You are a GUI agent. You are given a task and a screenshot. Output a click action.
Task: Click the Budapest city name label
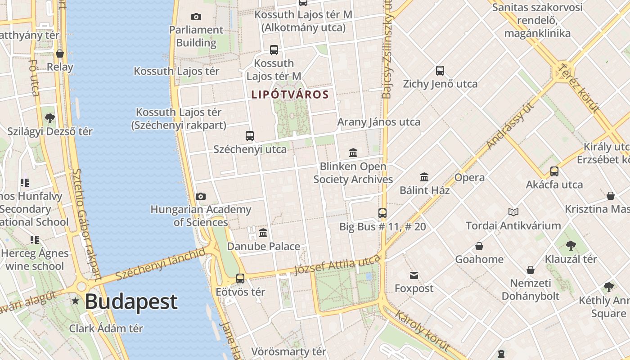click(x=131, y=301)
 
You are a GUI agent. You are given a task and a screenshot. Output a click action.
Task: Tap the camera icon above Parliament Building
click(x=196, y=17)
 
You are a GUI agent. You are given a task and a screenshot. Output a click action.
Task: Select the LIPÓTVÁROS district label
click(x=290, y=95)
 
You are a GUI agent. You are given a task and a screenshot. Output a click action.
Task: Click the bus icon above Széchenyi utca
click(x=249, y=135)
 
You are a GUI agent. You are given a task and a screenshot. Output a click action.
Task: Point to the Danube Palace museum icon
click(x=263, y=233)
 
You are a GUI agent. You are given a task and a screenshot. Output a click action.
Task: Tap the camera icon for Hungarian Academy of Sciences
click(x=201, y=196)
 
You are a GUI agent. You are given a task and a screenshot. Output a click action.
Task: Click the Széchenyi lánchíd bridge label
click(x=160, y=263)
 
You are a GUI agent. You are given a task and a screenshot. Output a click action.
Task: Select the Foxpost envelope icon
click(x=414, y=275)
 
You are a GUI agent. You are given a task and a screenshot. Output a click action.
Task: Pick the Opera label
click(x=469, y=177)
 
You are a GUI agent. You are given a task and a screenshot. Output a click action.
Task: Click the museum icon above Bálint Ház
click(x=424, y=177)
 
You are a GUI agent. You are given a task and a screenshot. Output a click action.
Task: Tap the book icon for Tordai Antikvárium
click(x=513, y=212)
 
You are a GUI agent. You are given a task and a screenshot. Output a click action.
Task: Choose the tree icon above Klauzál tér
click(x=571, y=245)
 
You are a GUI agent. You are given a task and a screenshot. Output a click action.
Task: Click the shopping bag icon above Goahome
click(x=479, y=246)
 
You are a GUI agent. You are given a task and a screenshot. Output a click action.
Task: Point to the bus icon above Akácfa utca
click(x=554, y=171)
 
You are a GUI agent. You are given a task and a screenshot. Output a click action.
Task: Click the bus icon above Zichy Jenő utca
click(x=440, y=71)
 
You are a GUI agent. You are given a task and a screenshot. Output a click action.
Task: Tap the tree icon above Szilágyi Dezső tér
click(x=50, y=118)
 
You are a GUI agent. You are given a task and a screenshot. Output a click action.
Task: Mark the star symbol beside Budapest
click(x=75, y=301)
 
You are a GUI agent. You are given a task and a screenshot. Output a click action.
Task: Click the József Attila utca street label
click(x=337, y=265)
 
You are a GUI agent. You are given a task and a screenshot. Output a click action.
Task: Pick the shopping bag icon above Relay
click(x=60, y=54)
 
